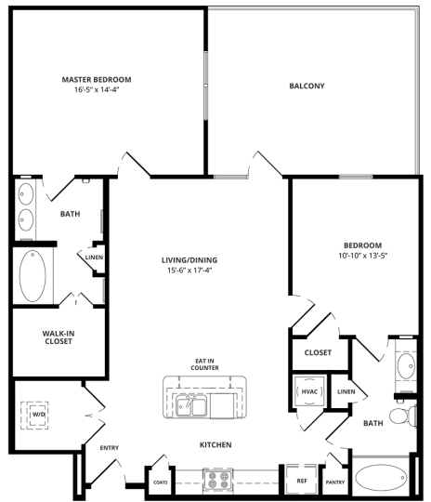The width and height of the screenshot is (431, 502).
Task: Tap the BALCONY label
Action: tap(307, 86)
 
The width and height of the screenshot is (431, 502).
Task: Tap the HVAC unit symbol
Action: tap(309, 391)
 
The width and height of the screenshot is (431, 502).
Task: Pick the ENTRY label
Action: tap(109, 448)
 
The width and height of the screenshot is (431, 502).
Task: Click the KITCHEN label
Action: tap(215, 445)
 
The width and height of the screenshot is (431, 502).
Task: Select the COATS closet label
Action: tap(160, 482)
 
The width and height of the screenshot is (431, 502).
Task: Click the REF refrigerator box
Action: tap(301, 481)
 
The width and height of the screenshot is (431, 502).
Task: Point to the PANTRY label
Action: tap(334, 482)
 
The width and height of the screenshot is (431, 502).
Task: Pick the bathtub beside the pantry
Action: tap(380, 479)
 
